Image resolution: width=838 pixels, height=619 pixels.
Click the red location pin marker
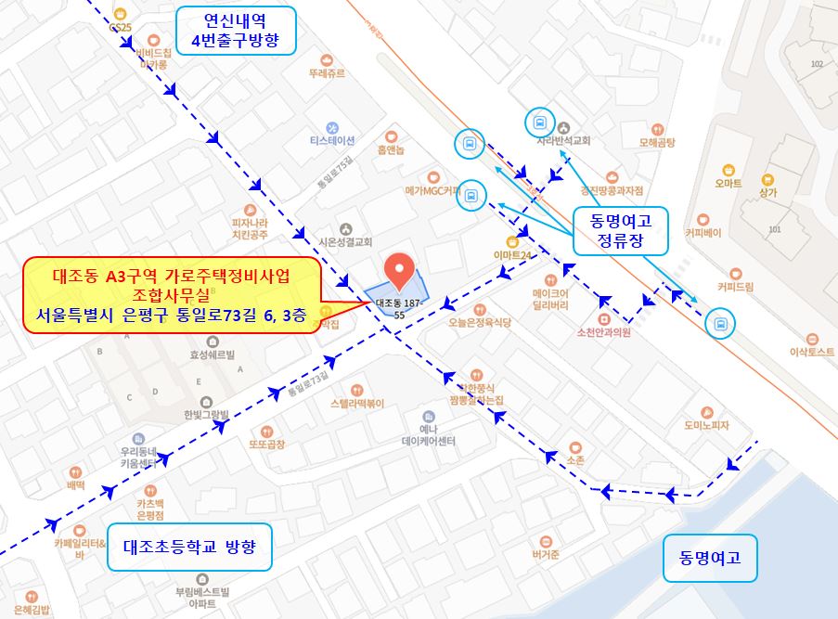(x=400, y=268)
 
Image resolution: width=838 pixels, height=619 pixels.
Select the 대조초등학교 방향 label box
(x=196, y=547)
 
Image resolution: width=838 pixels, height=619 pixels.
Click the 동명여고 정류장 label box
(x=620, y=231)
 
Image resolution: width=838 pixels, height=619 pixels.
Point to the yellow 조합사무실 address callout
(x=172, y=294)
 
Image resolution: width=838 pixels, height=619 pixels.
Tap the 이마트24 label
(x=512, y=254)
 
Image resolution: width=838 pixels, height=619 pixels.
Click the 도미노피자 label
(x=707, y=425)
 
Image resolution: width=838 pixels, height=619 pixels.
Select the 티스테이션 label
(x=332, y=140)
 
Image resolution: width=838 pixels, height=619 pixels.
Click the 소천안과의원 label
(x=603, y=331)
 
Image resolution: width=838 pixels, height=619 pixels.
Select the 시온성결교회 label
(x=345, y=240)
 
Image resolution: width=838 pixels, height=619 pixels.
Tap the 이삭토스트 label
(x=812, y=352)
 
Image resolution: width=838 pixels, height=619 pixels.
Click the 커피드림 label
(x=735, y=287)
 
